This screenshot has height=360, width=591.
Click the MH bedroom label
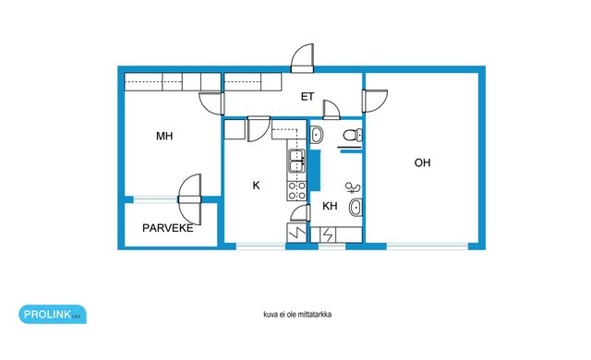point(164,136)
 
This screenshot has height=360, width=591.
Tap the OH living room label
point(422,162)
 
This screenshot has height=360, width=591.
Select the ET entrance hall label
point(308,97)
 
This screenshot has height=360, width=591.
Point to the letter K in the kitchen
point(257,186)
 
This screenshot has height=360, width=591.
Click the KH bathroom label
point(330,206)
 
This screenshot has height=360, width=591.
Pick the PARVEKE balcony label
point(168,228)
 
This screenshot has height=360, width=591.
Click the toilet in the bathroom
point(353,135)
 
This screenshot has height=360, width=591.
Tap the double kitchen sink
point(297,161)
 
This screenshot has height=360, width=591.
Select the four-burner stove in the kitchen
point(297,190)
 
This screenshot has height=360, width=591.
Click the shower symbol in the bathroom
point(353,187)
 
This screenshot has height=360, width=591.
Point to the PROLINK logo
point(53,314)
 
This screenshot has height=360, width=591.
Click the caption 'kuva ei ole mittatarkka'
point(297,315)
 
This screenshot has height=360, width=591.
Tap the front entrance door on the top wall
point(302,58)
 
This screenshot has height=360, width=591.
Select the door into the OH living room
point(375,101)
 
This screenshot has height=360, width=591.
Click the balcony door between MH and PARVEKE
point(189,199)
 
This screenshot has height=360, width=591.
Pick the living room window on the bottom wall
point(427,246)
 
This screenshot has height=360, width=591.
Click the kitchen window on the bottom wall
point(260,246)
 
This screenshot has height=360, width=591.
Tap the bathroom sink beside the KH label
point(356,207)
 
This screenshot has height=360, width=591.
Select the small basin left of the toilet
point(316,135)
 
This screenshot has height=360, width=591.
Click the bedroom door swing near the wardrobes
point(211,103)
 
